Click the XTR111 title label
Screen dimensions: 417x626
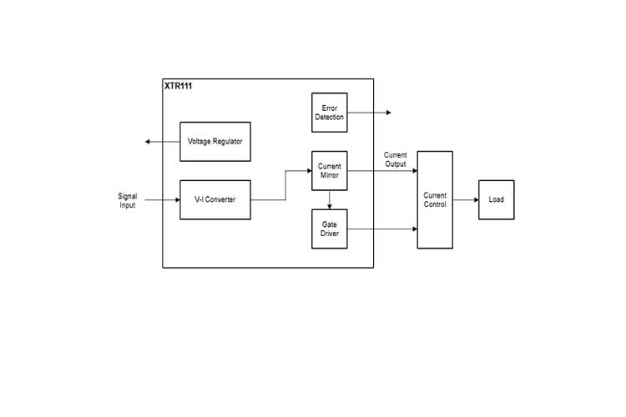click(x=178, y=86)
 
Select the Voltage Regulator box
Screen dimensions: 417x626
click(x=215, y=142)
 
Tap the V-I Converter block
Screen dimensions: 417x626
click(x=215, y=200)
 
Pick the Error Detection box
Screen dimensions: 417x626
click(x=329, y=113)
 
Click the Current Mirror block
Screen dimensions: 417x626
click(x=329, y=171)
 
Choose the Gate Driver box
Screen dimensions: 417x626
click(x=329, y=229)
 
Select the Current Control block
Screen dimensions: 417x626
click(x=435, y=200)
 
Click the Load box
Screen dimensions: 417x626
click(x=496, y=200)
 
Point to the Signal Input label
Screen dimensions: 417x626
click(x=127, y=201)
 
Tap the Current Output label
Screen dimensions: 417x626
click(x=396, y=159)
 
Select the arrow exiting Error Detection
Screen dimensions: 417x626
click(x=368, y=113)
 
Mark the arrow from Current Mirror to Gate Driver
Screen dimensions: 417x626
click(x=329, y=200)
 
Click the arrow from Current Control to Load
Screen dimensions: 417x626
click(x=466, y=200)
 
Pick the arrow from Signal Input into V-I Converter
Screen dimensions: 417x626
click(x=162, y=200)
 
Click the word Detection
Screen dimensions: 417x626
click(x=329, y=118)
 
